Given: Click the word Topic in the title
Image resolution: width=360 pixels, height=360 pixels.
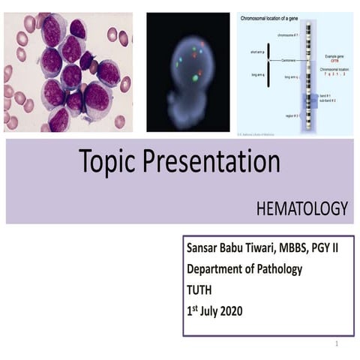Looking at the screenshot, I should tap(109, 162).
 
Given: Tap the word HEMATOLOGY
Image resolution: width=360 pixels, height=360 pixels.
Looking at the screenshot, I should tap(302, 209).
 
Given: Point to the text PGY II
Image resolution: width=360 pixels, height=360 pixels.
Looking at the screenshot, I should tap(324, 247).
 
